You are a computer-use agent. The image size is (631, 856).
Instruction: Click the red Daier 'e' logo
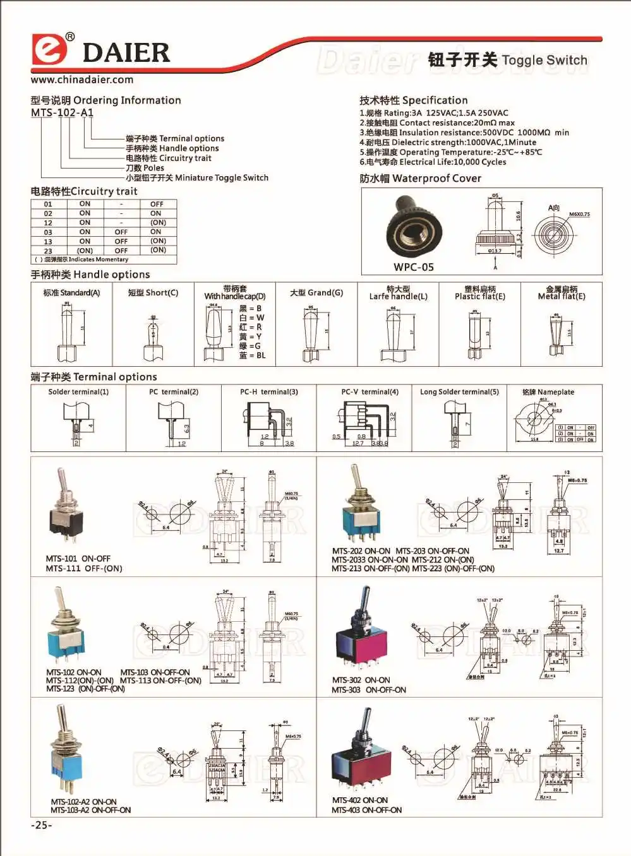tap(49, 50)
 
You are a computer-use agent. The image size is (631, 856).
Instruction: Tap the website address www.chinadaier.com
tap(82, 80)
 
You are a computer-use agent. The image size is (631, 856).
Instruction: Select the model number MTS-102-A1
tap(62, 112)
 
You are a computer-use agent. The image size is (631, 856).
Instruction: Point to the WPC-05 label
tap(414, 267)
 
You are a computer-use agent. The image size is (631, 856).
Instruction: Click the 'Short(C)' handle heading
tap(153, 293)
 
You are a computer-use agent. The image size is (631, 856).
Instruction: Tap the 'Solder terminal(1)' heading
tap(78, 392)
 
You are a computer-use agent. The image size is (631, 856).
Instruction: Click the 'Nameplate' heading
tap(548, 392)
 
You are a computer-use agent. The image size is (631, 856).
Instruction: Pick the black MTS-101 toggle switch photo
tap(66, 506)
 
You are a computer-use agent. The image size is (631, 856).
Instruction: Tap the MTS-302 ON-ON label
tap(361, 680)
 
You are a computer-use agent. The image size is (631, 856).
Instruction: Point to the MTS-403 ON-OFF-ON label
tap(366, 810)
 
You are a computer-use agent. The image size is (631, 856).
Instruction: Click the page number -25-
tap(42, 825)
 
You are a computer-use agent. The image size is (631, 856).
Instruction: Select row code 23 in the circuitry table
tap(48, 251)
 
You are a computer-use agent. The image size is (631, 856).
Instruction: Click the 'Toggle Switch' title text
tap(544, 61)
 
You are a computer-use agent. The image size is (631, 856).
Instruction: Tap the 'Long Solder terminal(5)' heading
tap(459, 392)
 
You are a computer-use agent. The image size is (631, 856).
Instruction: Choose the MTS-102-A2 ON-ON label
tap(84, 802)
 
